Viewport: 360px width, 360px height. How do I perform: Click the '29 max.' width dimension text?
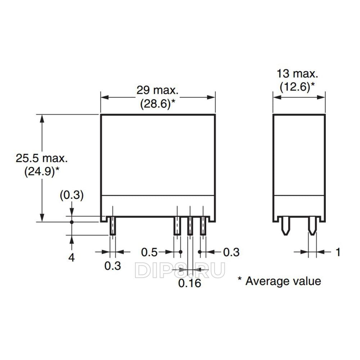[157, 90]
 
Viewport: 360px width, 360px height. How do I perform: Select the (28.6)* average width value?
[157, 103]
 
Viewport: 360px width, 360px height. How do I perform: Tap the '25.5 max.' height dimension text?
[41, 158]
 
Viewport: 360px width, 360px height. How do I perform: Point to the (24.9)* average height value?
[41, 172]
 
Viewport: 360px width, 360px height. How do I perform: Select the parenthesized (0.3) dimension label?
[72, 195]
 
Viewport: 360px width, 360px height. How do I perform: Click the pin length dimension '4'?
[71, 258]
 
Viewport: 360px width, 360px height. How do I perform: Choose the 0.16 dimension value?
[189, 283]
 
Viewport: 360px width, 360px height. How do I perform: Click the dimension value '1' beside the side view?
[338, 252]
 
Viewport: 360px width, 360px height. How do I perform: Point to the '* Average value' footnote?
[279, 281]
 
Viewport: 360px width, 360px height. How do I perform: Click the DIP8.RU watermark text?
[180, 270]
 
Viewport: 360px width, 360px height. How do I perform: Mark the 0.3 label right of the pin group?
[231, 252]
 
